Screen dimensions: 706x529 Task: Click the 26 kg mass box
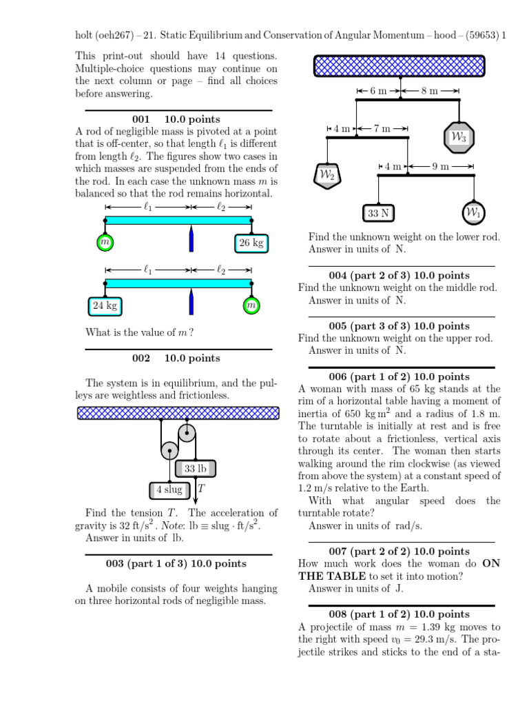click(x=251, y=243)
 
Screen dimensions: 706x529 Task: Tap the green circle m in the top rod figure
click(x=105, y=242)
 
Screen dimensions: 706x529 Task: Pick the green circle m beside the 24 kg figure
click(x=251, y=305)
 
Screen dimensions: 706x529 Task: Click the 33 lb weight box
click(x=195, y=469)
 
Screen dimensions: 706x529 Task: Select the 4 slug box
click(x=168, y=491)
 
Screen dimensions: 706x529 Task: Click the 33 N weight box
click(x=378, y=213)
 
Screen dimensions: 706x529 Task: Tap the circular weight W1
click(x=473, y=212)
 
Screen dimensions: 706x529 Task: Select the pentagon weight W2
click(x=326, y=176)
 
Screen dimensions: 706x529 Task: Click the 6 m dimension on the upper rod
click(x=378, y=90)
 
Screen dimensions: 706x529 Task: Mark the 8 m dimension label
click(x=430, y=90)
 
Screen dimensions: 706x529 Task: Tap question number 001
click(x=141, y=119)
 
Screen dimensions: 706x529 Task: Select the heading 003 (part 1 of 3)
click(x=176, y=563)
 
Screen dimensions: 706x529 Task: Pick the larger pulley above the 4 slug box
click(x=169, y=451)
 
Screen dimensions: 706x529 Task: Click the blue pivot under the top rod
click(x=191, y=240)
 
